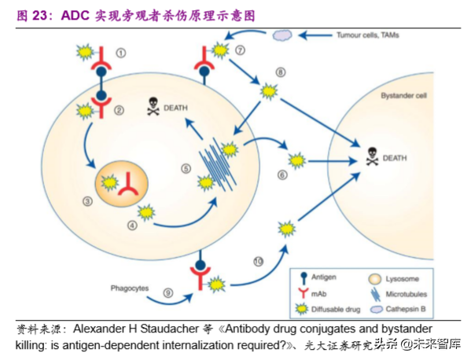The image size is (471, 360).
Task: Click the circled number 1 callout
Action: click(120, 53)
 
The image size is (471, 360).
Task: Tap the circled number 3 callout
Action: click(87, 202)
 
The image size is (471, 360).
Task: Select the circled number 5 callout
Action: click(186, 167)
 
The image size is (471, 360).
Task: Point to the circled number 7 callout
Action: click(241, 50)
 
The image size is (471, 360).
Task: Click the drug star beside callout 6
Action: click(296, 161)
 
